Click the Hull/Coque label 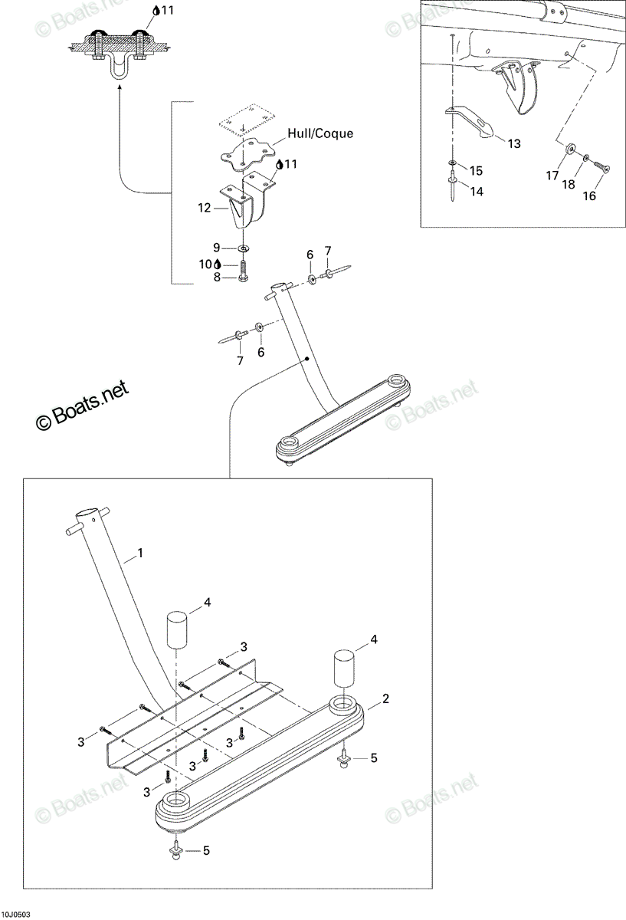coord(320,134)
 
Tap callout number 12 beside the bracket coord(204,208)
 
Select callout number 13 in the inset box coord(514,143)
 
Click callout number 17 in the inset coord(552,176)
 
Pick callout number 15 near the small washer coord(476,170)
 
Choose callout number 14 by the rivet coord(476,192)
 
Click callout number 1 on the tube coord(140,554)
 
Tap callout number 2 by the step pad coord(385,698)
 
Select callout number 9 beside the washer coord(216,248)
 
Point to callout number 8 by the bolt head coord(217,278)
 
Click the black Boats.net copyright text coord(82,406)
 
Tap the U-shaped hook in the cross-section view coord(119,69)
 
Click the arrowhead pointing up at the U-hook coord(119,87)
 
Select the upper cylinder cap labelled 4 coord(177,629)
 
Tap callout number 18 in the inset coord(568,185)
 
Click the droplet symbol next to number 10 coord(218,264)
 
